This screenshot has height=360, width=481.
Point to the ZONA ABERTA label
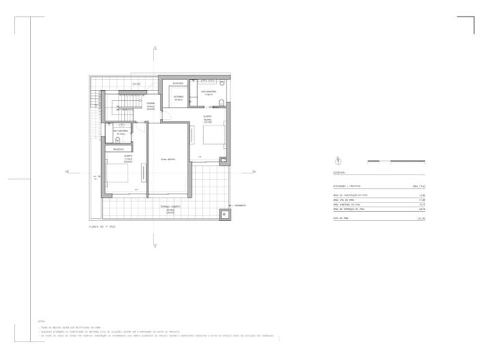(x=168, y=159)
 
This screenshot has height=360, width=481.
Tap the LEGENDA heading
(x=340, y=172)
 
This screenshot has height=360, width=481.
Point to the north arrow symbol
(x=337, y=161)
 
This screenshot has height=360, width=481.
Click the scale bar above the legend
(x=396, y=161)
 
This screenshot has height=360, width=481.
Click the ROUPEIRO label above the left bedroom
(x=119, y=147)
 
